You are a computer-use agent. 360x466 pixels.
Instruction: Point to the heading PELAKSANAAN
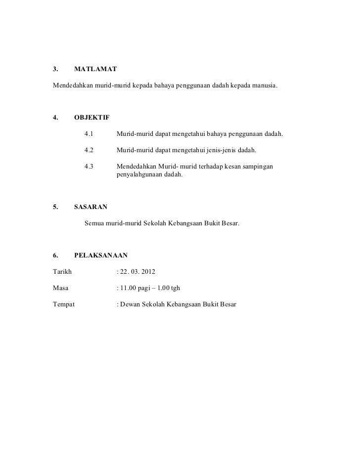coord(101,255)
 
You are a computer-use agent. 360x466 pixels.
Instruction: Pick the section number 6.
coord(55,255)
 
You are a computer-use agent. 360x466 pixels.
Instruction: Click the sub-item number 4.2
coord(89,150)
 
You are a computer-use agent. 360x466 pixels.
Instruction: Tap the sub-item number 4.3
coord(89,167)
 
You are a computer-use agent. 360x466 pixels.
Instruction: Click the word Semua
coord(95,223)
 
